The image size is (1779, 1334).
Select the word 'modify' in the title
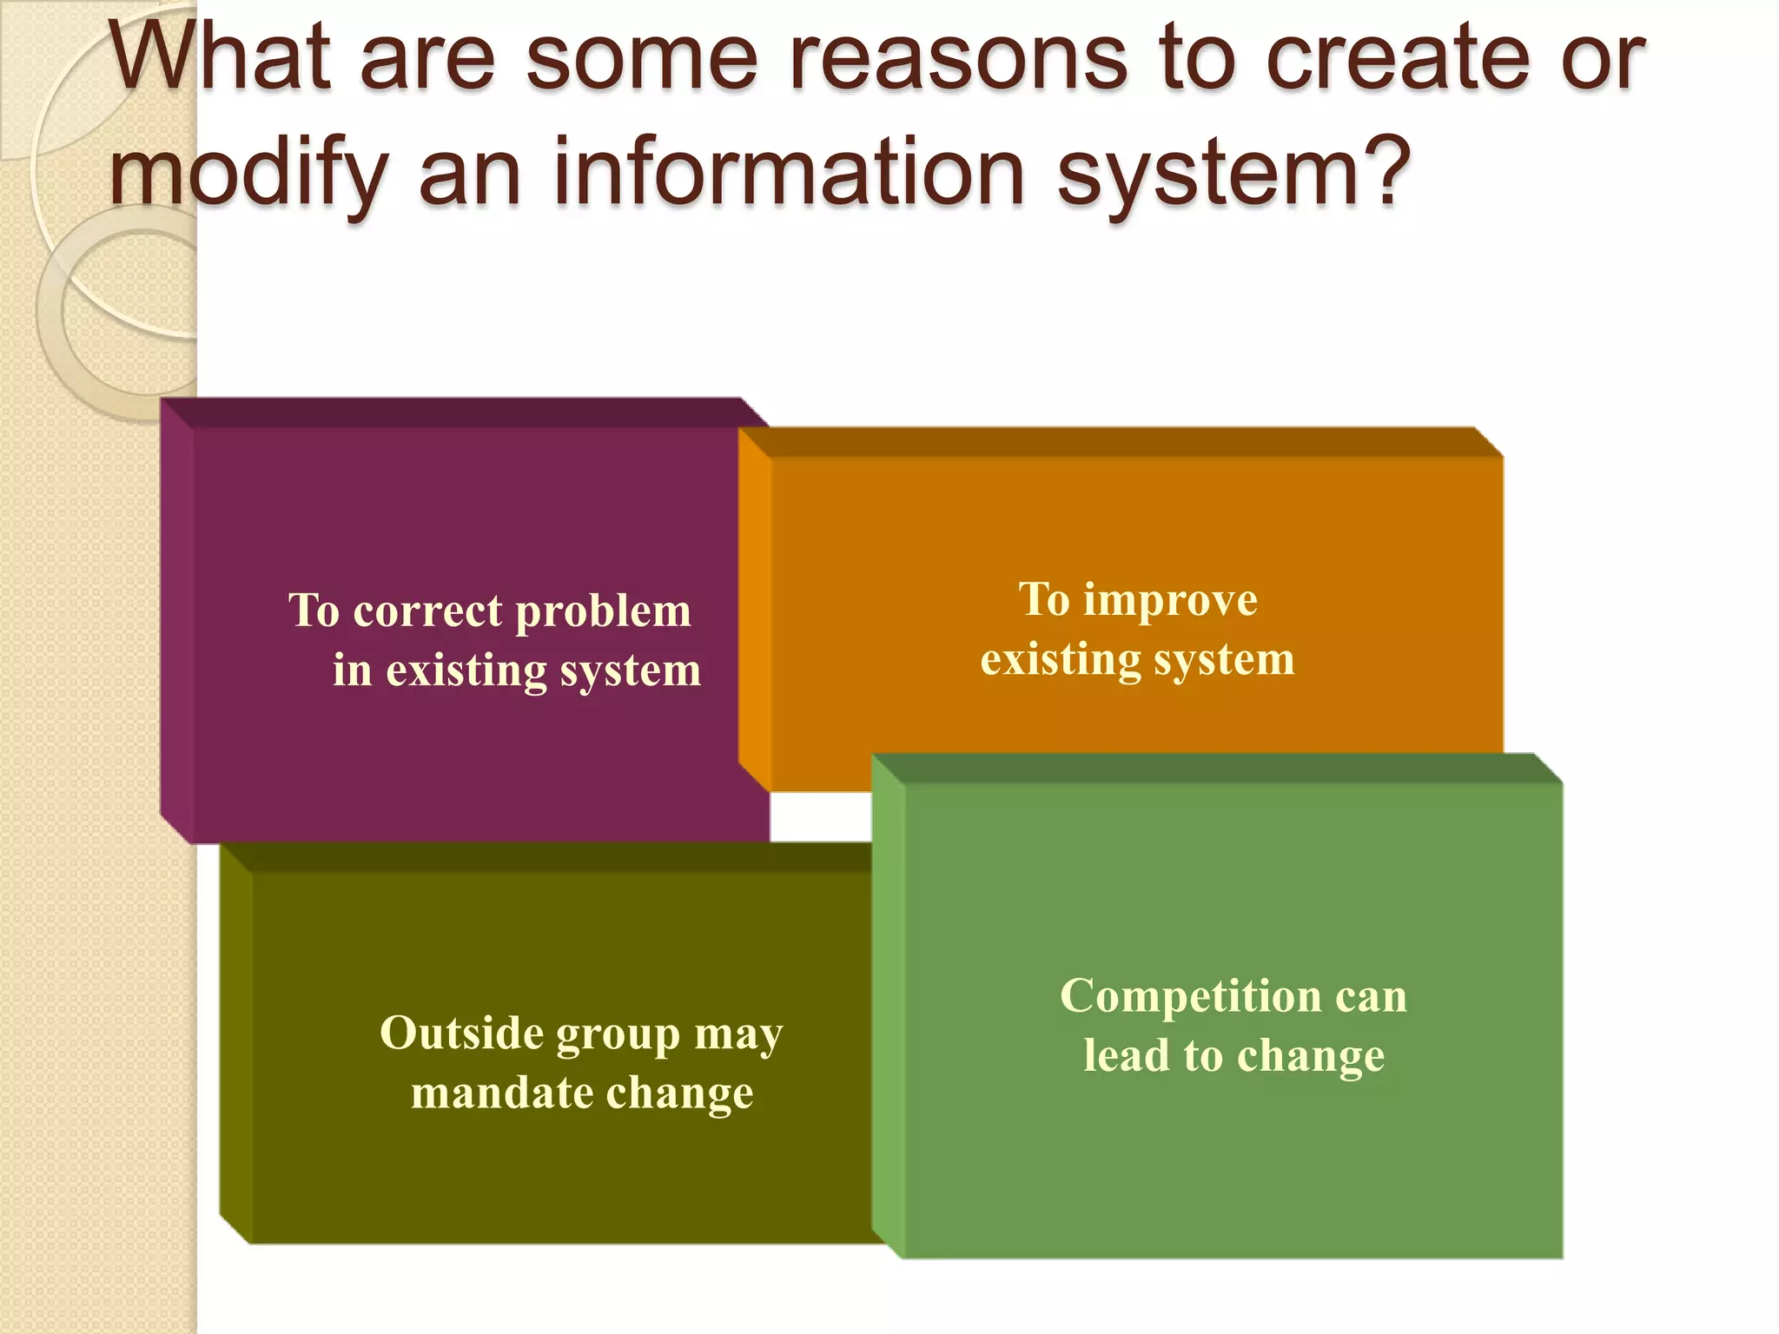(x=248, y=174)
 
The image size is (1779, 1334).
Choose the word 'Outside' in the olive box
(x=461, y=1034)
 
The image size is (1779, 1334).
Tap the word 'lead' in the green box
(x=1127, y=1055)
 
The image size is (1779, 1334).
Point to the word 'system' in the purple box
(x=631, y=672)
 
